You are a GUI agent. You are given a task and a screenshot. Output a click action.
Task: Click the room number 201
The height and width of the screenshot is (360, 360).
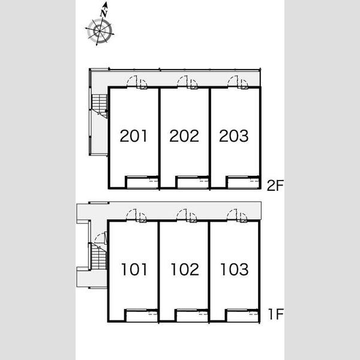pyautogui.click(x=133, y=136)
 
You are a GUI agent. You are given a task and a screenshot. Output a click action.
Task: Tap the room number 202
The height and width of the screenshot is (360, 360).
pyautogui.click(x=184, y=136)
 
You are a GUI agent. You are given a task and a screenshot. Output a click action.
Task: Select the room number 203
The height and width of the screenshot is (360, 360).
pyautogui.click(x=234, y=136)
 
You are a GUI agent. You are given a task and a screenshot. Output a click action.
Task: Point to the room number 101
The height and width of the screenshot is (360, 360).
pyautogui.click(x=134, y=269)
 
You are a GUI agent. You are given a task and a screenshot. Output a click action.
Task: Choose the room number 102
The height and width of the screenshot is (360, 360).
pyautogui.click(x=185, y=269)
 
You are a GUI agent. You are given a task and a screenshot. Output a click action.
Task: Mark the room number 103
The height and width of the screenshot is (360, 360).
pyautogui.click(x=235, y=269)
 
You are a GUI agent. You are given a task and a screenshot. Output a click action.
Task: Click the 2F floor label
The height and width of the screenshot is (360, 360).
pyautogui.click(x=275, y=185)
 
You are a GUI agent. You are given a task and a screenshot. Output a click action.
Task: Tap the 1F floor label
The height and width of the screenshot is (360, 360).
pyautogui.click(x=276, y=314)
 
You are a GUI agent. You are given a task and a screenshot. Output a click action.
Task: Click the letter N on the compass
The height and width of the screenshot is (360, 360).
pyautogui.click(x=104, y=13)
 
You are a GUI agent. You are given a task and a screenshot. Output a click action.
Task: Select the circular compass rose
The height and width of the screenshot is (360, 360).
pyautogui.click(x=100, y=31)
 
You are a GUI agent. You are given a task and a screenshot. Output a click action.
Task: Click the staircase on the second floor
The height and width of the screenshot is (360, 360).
pyautogui.click(x=100, y=106)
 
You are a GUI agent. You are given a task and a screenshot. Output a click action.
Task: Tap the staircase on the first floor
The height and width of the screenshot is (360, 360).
pyautogui.click(x=99, y=256)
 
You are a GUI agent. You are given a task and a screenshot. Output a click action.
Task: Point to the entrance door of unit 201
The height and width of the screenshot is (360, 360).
pyautogui.click(x=132, y=81)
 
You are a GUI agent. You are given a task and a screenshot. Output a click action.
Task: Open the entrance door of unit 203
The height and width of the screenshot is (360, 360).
pyautogui.click(x=233, y=81)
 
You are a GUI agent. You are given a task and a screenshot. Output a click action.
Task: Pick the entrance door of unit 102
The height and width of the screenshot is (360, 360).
pyautogui.click(x=182, y=215)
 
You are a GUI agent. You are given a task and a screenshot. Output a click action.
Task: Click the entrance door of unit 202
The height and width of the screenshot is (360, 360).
pyautogui.click(x=182, y=81)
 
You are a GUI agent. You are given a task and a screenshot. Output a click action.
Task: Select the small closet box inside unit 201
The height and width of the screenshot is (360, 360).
pyautogui.click(x=142, y=182)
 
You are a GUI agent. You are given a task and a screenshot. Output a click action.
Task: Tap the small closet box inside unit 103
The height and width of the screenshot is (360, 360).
pyautogui.click(x=242, y=316)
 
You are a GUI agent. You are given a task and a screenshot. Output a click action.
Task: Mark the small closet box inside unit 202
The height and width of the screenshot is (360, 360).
pyautogui.click(x=192, y=182)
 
